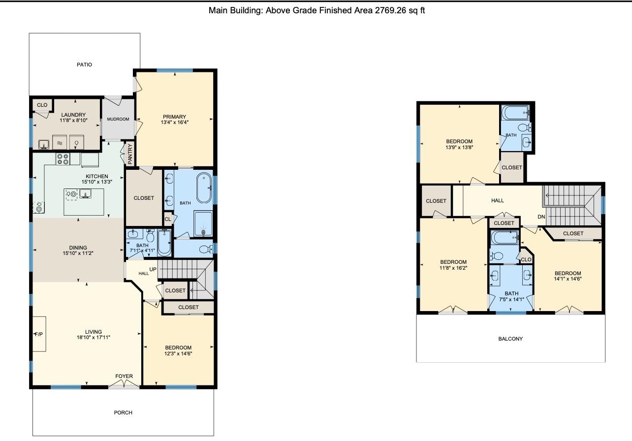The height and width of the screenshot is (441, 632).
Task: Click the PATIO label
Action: (x=84, y=64)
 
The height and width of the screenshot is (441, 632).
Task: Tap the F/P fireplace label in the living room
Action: (x=39, y=334)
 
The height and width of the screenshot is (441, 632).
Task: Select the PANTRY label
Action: (x=130, y=154)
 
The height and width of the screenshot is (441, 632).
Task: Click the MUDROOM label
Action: (x=118, y=119)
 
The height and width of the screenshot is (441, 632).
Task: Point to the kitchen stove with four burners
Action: (x=63, y=159)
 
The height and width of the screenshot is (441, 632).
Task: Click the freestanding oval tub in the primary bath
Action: (x=204, y=188)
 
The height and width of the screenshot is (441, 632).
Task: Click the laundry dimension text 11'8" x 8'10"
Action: (x=73, y=120)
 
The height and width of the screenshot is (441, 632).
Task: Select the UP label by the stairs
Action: (x=153, y=269)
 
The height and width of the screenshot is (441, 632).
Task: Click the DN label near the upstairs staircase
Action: (x=541, y=217)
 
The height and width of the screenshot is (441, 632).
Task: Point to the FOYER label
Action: (x=124, y=376)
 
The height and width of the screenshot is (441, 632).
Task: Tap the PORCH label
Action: (x=123, y=412)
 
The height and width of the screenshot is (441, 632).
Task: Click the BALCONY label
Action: (x=510, y=339)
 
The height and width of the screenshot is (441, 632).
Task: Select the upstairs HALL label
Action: (x=498, y=200)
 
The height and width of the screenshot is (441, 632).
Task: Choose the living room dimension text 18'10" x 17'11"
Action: (x=94, y=337)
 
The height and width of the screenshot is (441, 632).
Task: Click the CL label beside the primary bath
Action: (x=167, y=219)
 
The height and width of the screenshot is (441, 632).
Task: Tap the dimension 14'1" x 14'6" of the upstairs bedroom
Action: (x=568, y=279)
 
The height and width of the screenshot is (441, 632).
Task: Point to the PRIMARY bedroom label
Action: (x=174, y=117)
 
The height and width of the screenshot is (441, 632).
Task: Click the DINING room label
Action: (x=78, y=248)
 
